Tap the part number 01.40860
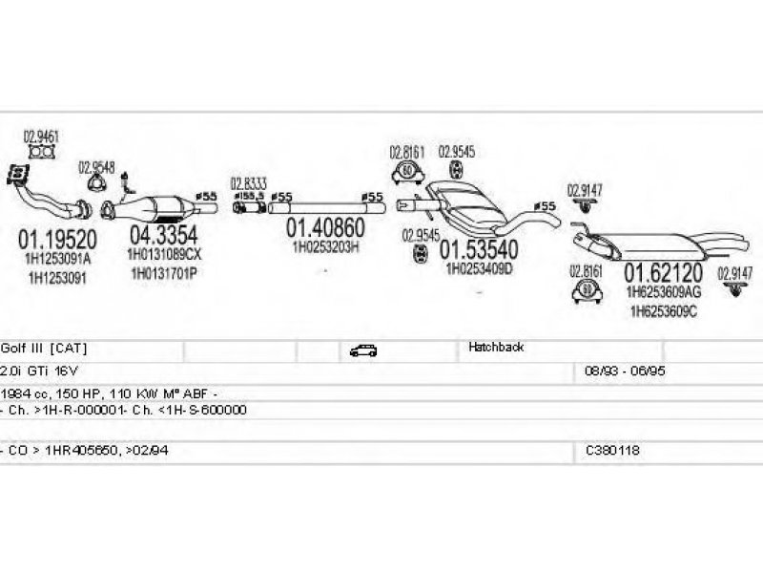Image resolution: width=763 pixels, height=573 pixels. click(325, 228)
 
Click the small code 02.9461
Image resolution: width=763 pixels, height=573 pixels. click(41, 136)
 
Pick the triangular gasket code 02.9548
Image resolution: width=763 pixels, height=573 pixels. click(96, 165)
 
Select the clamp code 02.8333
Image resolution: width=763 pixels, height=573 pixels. click(248, 182)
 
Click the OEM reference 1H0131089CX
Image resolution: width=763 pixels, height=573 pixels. click(165, 255)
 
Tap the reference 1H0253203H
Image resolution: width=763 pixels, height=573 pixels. click(325, 246)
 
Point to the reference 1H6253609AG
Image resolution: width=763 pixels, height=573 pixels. click(663, 291)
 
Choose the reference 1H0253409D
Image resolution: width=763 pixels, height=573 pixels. click(479, 268)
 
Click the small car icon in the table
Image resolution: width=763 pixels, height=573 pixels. click(363, 350)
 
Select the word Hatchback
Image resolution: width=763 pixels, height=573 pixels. click(496, 348)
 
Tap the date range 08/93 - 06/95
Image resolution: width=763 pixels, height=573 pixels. click(618, 370)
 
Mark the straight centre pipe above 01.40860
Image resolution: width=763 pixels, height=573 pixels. click(324, 204)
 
